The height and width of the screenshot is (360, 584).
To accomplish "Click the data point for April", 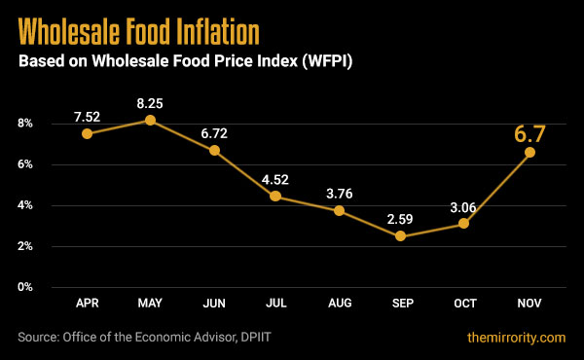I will pyautogui.click(x=88, y=133).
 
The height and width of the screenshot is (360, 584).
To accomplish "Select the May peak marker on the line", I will pyautogui.click(x=150, y=120).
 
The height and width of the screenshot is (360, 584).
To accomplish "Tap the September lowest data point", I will pyautogui.click(x=401, y=236).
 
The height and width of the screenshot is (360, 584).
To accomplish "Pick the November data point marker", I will pyautogui.click(x=529, y=152).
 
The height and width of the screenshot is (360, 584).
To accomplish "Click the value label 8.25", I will pyautogui.click(x=150, y=100).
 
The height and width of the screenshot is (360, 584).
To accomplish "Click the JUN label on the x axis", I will pyautogui.click(x=213, y=305).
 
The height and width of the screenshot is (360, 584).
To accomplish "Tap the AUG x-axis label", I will pyautogui.click(x=340, y=305).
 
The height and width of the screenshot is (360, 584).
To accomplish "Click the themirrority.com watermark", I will pyautogui.click(x=515, y=338).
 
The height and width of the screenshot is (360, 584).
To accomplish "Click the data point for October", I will pyautogui.click(x=464, y=224).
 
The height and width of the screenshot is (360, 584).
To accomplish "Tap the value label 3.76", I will pyautogui.click(x=340, y=192).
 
